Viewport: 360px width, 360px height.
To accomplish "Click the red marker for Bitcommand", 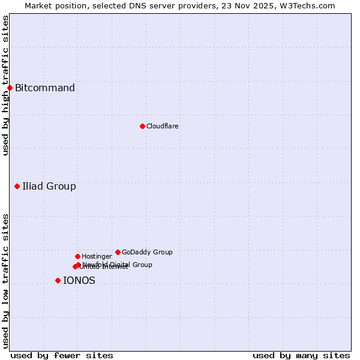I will [x=10, y=88].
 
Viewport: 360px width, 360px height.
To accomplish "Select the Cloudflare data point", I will [x=142, y=126].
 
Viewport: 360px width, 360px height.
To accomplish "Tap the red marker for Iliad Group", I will [x=17, y=186].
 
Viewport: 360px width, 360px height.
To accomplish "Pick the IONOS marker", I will [x=58, y=280].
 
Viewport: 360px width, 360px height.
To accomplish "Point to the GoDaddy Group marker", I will [x=118, y=252].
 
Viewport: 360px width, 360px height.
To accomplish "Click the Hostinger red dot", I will [x=77, y=256].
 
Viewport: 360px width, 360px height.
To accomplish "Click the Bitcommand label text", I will [x=45, y=88].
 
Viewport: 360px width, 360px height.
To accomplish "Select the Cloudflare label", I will [x=163, y=126].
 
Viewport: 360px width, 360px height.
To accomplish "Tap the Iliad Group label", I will [x=49, y=186].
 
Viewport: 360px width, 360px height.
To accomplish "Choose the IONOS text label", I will [x=79, y=280].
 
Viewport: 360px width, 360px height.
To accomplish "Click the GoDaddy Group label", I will [x=147, y=252].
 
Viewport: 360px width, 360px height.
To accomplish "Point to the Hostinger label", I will [x=97, y=256].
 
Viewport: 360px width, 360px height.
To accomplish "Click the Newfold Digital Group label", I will [x=118, y=265].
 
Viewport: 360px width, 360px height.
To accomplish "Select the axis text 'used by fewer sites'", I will [x=62, y=355].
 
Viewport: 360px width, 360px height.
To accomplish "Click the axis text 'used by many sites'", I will [x=301, y=355].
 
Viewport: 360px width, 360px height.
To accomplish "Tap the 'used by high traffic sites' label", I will [x=5, y=85].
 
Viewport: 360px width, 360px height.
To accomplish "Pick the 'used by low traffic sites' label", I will [x=5, y=281].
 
